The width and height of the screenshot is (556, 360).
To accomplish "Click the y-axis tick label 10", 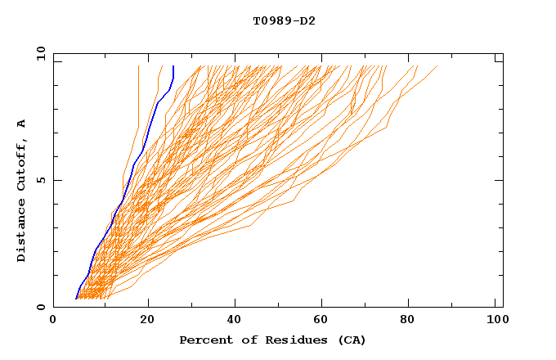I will pyautogui.click(x=40, y=53).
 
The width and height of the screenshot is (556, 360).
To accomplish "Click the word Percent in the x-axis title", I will pyautogui.click(x=203, y=340).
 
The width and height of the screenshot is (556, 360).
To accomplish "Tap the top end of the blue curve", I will pyautogui.click(x=173, y=66).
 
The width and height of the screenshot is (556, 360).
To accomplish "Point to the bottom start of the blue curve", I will pyautogui.click(x=76, y=298).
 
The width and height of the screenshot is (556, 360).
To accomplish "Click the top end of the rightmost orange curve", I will pyautogui.click(x=437, y=66).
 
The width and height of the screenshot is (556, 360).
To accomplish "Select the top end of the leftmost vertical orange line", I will pyautogui.click(x=138, y=66).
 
